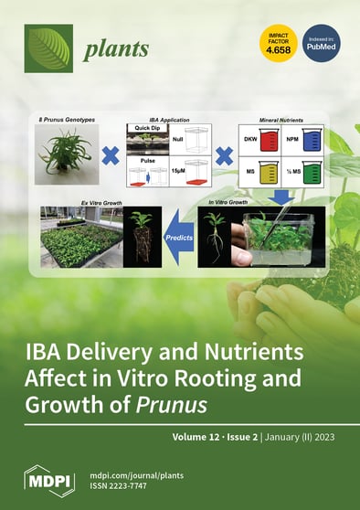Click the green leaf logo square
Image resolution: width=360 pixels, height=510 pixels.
click(48, 48)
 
